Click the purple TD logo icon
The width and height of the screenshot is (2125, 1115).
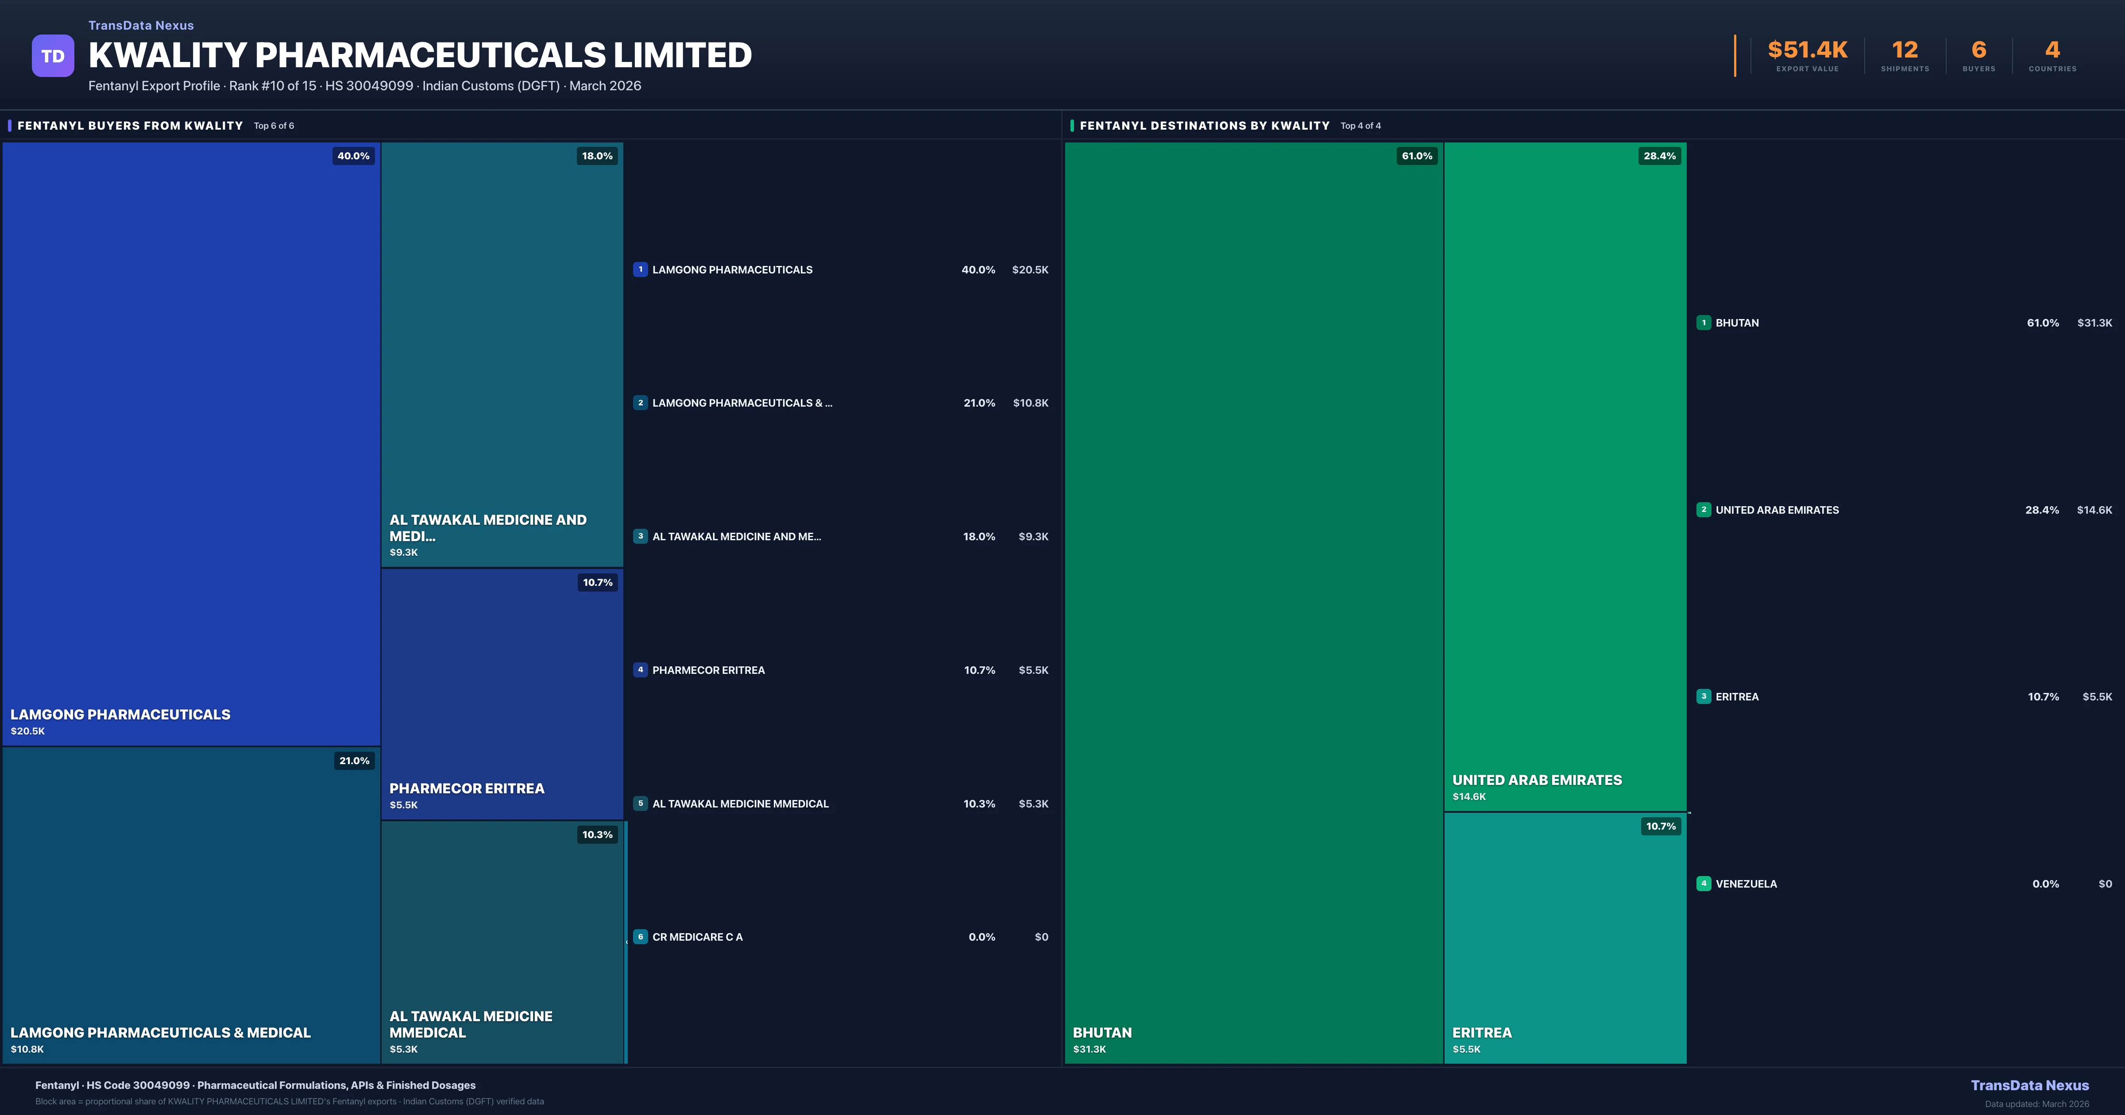[53, 56]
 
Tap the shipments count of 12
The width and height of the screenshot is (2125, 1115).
[1905, 50]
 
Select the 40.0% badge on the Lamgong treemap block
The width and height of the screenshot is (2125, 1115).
[353, 156]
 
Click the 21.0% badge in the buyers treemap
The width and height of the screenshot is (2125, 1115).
[354, 761]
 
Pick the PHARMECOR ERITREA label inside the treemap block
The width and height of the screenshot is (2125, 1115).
[466, 788]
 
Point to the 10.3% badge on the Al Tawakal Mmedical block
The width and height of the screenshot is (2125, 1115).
[597, 834]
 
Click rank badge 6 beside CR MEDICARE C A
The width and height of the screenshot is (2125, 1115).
[640, 937]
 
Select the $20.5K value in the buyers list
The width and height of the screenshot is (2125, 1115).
[1029, 269]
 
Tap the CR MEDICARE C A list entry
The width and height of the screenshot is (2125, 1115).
[697, 937]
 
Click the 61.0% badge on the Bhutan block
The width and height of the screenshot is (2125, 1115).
[1416, 156]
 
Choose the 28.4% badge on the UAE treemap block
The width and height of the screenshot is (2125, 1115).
[1659, 156]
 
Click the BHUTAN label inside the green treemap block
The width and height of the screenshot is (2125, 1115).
[1102, 1033]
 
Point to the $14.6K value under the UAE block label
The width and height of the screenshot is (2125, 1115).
[1468, 797]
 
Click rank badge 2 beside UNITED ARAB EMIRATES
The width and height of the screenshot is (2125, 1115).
[1704, 510]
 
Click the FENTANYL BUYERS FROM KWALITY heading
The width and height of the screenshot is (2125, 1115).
[130, 125]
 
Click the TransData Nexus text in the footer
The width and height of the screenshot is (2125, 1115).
[2029, 1085]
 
